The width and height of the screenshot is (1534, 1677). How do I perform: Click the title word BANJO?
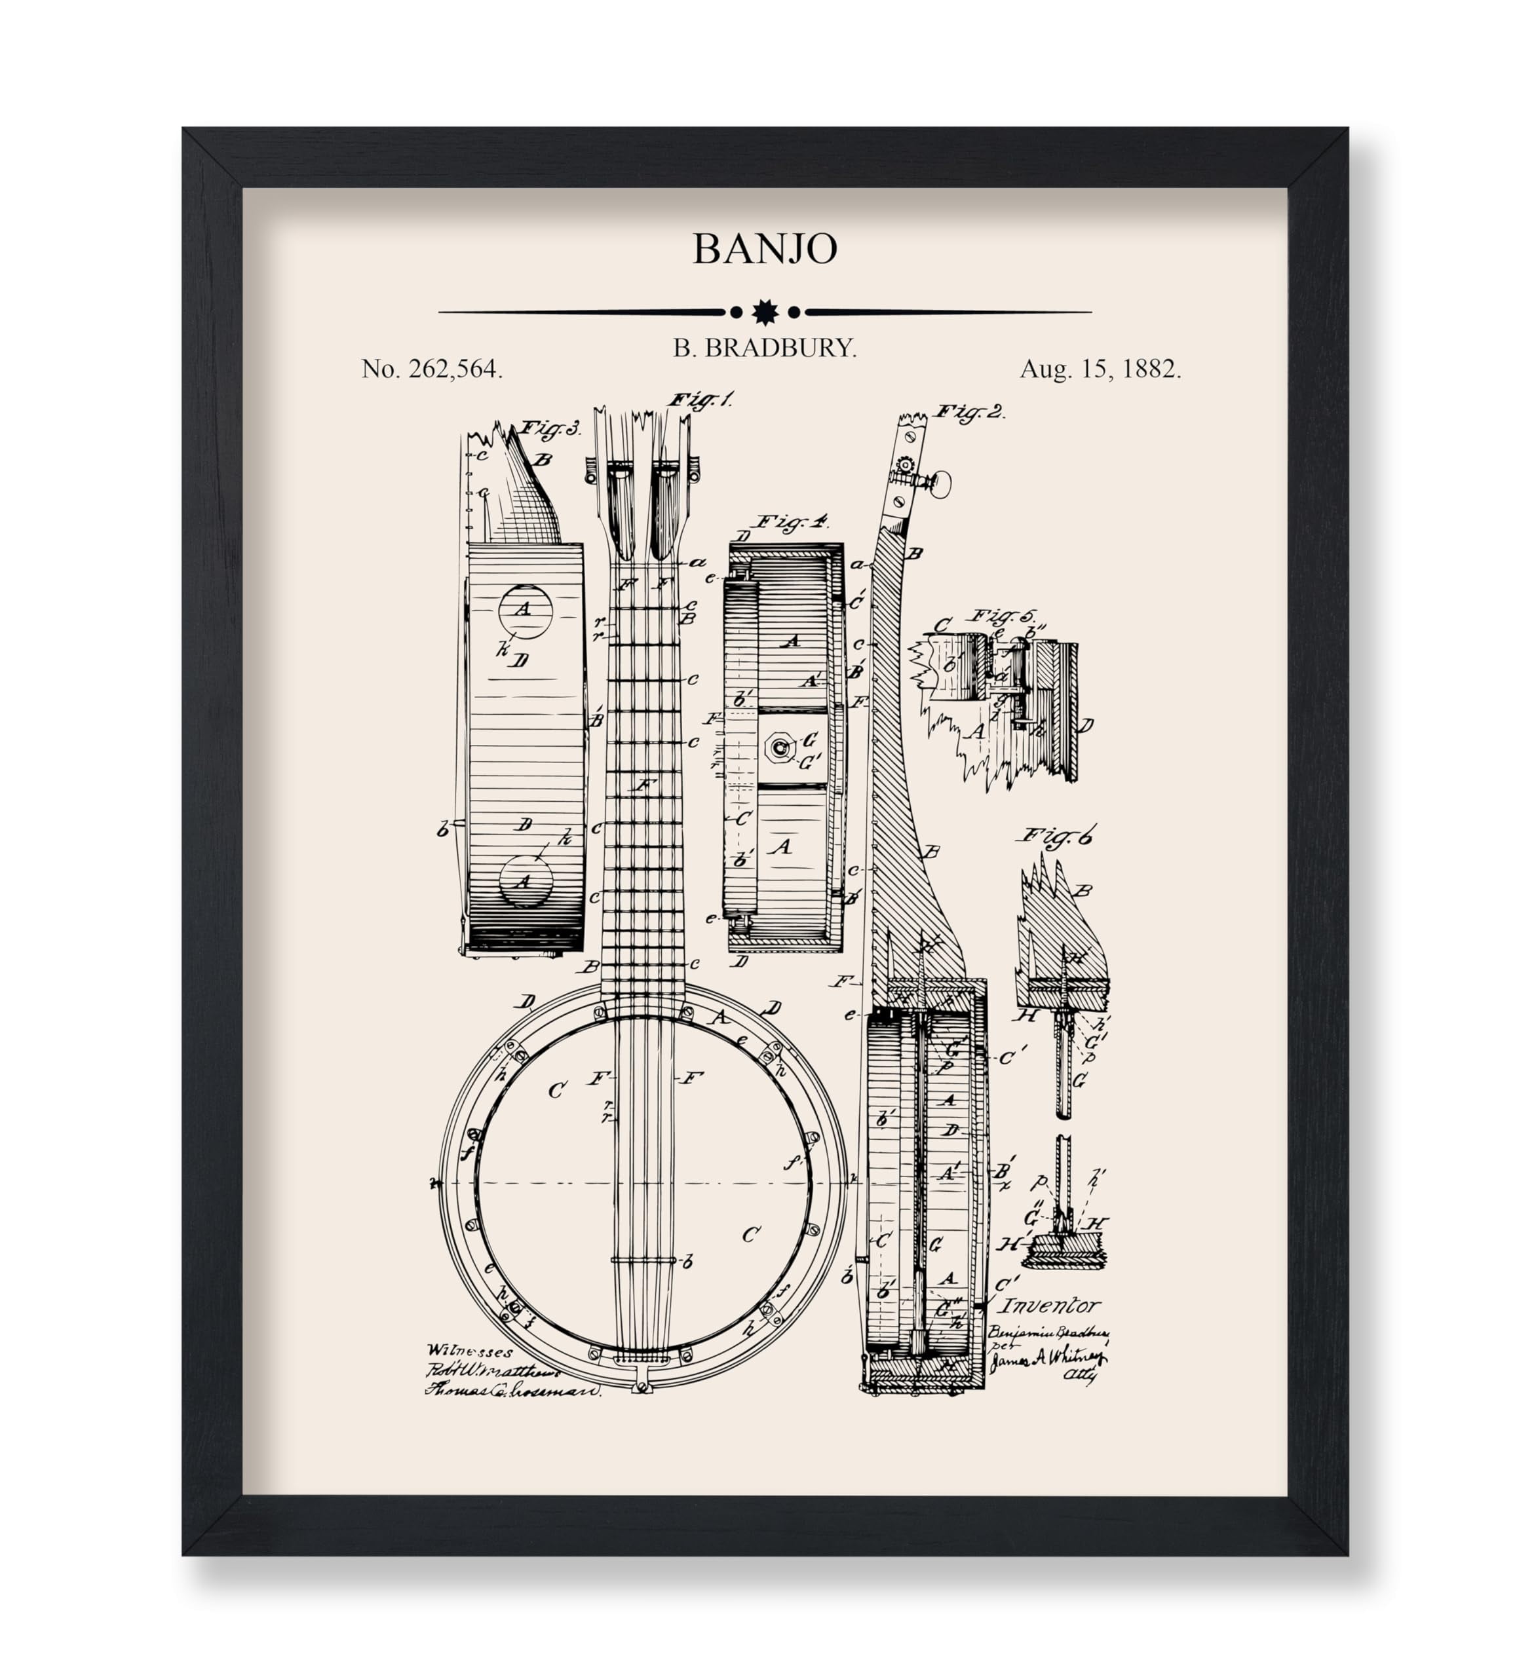click(765, 249)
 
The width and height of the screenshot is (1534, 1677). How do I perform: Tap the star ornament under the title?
click(765, 312)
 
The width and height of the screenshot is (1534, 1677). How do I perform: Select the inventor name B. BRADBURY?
click(765, 349)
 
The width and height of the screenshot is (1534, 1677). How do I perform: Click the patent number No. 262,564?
click(432, 369)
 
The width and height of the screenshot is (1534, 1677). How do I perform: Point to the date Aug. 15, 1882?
click(1100, 369)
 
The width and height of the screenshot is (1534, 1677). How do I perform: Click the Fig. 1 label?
click(700, 400)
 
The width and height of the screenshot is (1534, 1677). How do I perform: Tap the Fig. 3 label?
click(550, 429)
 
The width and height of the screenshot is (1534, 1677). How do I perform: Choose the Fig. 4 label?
click(790, 522)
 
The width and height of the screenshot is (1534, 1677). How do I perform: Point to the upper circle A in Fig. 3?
click(525, 610)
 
